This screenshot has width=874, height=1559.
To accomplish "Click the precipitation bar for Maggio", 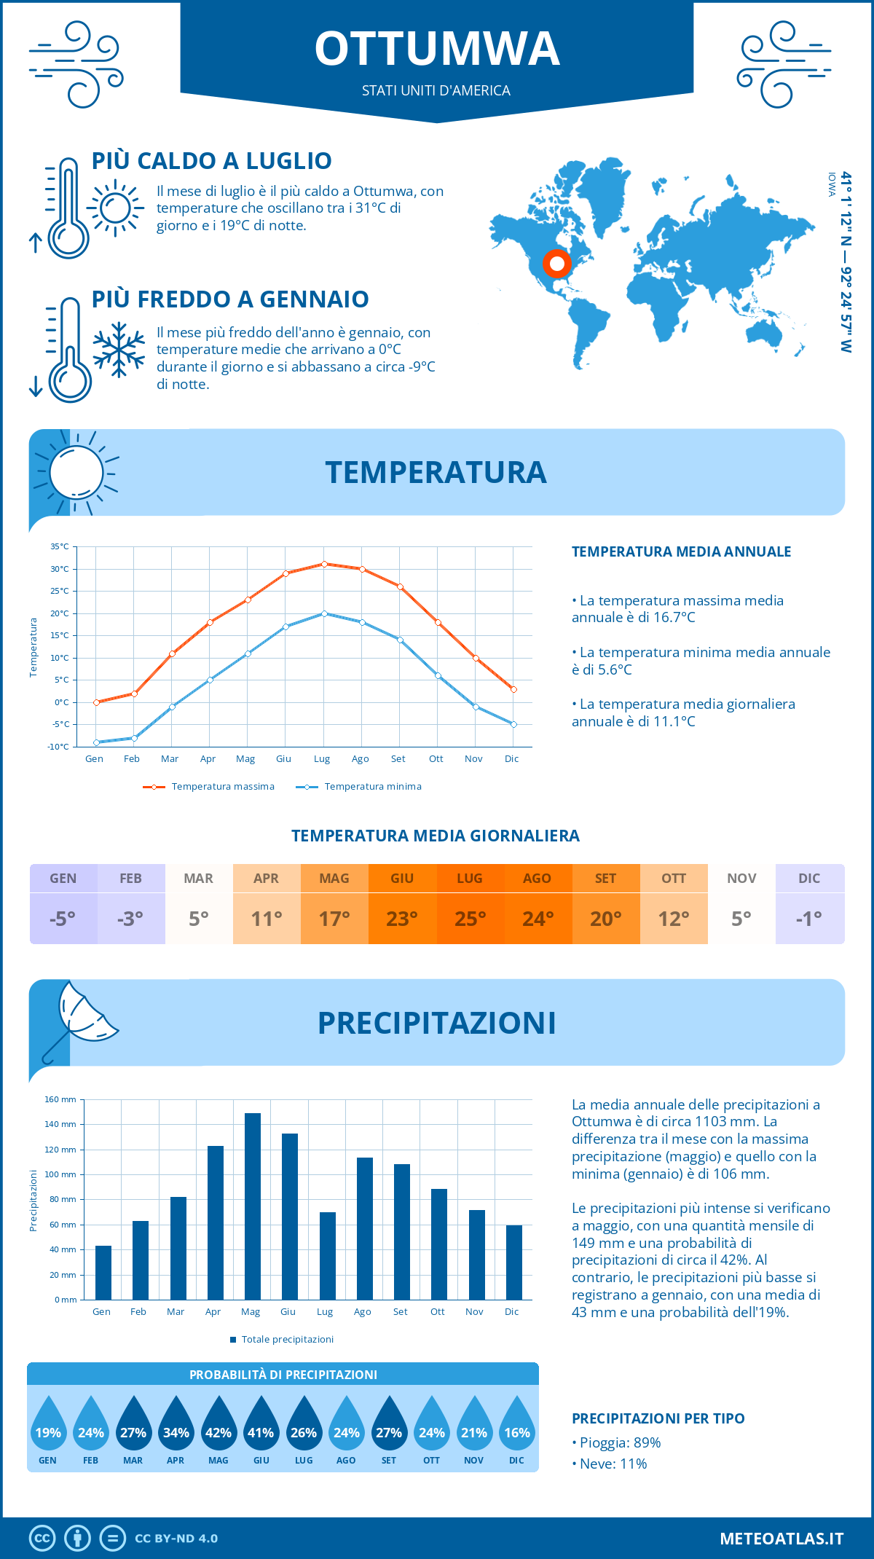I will pos(252,1206).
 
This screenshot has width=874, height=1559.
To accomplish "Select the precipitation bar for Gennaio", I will pos(103,1272).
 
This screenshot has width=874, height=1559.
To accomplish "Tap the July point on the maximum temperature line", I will pos(324,564).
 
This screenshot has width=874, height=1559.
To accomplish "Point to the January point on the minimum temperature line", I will pos(96,742).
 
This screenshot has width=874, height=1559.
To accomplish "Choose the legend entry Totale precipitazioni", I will pos(287,1339).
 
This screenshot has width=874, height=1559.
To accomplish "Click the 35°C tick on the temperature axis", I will pos(60,546).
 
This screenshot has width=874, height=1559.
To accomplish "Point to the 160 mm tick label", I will pos(61,1099).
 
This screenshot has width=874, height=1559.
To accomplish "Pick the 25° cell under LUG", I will pos(470,919).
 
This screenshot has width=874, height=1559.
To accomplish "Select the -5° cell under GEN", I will pos(63,919).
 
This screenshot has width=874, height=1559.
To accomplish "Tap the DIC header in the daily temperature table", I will pos(809,879).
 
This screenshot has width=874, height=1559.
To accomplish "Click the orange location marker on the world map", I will pos(557,264).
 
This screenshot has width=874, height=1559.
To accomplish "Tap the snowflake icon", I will pos(119,350).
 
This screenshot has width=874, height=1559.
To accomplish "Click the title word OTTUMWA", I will pos(437,49).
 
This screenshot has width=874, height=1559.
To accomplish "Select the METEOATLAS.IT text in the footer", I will pos(782,1538).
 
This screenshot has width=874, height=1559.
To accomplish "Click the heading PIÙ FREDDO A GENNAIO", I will pos(230,299).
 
